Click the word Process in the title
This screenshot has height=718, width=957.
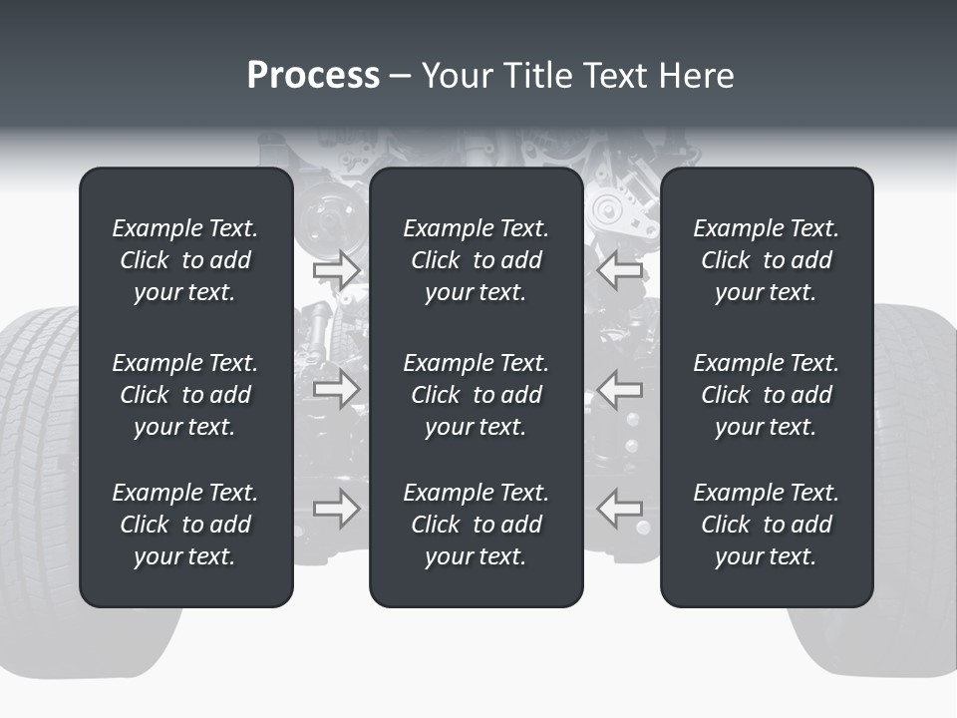[x=313, y=76]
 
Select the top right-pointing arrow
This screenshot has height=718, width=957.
[x=336, y=269]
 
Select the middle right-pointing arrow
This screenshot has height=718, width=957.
[x=336, y=388]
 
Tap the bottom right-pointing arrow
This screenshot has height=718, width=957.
[x=336, y=508]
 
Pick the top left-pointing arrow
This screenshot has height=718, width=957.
[x=620, y=269]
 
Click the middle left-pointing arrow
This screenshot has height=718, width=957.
[x=620, y=388]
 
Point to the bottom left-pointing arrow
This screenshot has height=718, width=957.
[x=620, y=508]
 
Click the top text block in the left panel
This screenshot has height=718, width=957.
[x=185, y=260]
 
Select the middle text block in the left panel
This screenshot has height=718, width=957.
[x=185, y=395]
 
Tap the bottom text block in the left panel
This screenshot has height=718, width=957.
[x=185, y=525]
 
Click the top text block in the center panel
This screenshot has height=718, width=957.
[x=476, y=260]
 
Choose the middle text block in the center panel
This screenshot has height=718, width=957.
[x=476, y=395]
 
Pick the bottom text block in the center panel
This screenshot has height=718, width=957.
[x=476, y=525]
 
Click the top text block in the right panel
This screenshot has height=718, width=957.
[x=766, y=260]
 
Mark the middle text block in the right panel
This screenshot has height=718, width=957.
[x=766, y=395]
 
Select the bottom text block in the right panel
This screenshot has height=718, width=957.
[x=766, y=525]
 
